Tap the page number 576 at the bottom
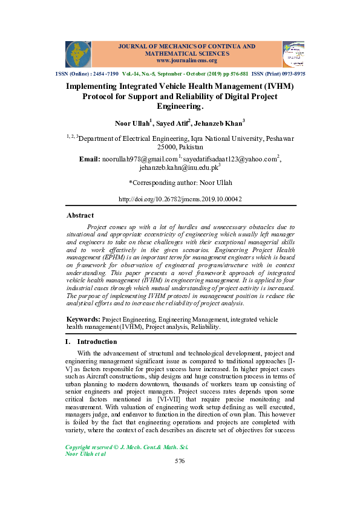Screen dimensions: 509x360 179,461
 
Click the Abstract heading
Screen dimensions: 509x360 80,215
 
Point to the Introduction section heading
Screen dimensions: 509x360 91,342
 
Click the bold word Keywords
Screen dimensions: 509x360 83,317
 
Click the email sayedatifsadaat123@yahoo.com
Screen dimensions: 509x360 229,159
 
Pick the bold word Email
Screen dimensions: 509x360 90,159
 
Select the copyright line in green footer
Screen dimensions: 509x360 126,447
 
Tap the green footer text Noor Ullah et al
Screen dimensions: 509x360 85,453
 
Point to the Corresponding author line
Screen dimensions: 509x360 180,183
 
